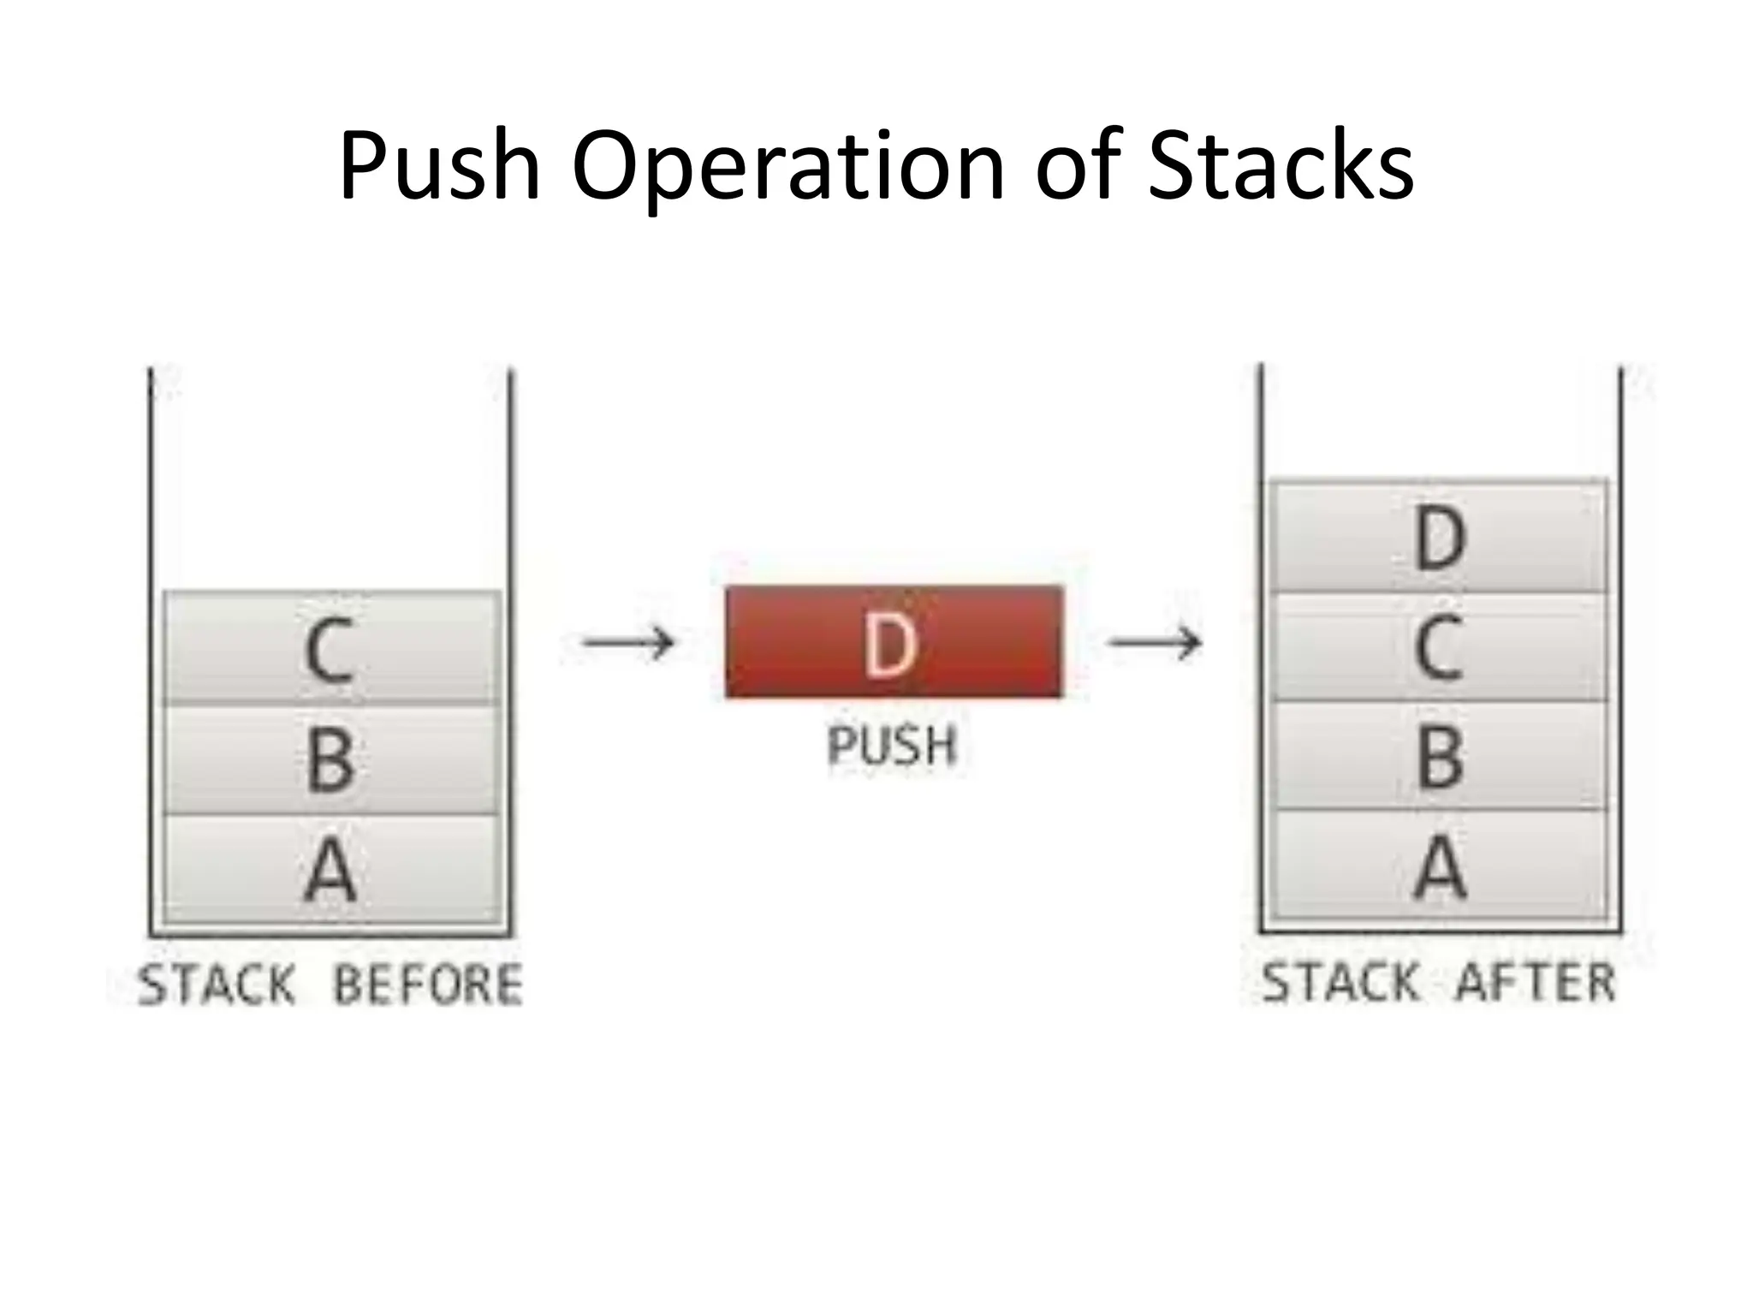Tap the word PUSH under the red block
point(892,746)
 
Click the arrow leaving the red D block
point(1155,642)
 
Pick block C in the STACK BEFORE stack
point(330,648)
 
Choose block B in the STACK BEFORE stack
point(330,759)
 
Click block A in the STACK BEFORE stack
point(330,869)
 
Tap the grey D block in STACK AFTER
point(1440,537)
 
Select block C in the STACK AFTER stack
point(1440,647)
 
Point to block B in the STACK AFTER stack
point(1440,756)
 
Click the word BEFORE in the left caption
point(428,985)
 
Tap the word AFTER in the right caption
point(1536,983)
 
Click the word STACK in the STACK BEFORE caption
point(217,985)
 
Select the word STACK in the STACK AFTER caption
point(1340,983)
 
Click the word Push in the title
point(440,167)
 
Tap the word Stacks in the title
point(1281,167)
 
